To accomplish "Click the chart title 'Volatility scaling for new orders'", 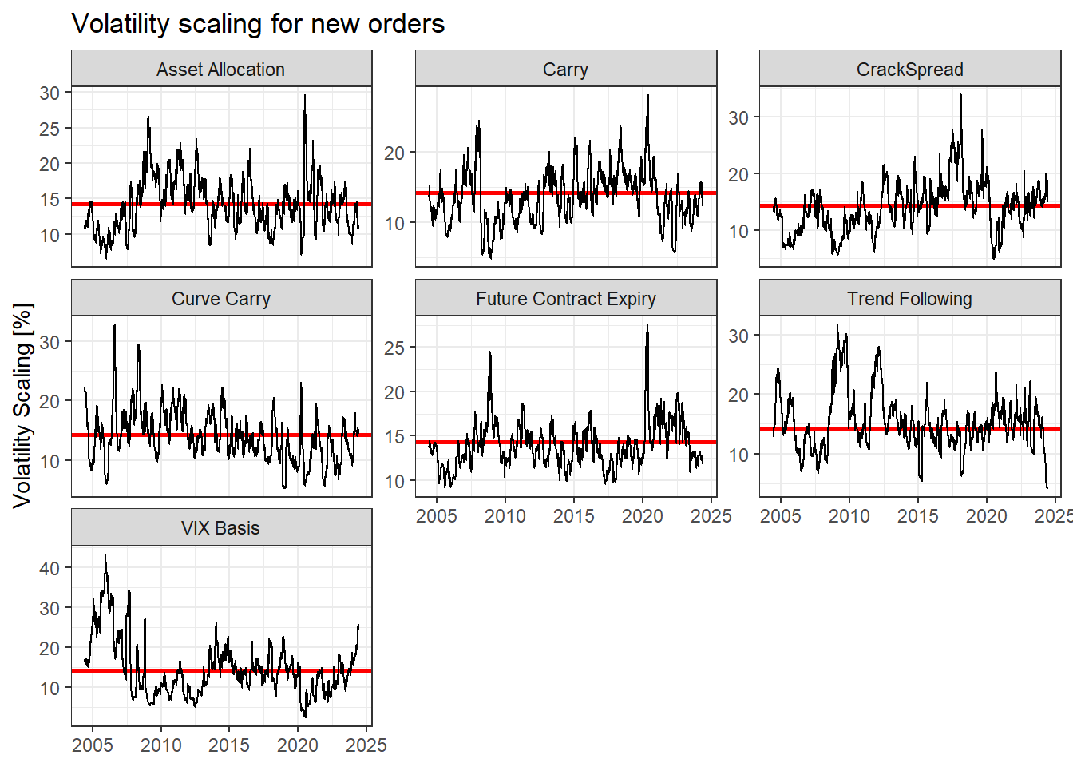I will pos(258,23).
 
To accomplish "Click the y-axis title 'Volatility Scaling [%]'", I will pos(22,405).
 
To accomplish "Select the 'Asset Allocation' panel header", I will pos(221,70).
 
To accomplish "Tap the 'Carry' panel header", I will pos(565,70).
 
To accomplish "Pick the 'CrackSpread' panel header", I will pos(909,70).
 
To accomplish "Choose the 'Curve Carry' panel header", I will pos(221,299).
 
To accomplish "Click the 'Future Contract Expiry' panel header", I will pos(565,299).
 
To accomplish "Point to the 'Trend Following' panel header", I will pos(909,299).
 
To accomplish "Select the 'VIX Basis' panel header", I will pos(221,528).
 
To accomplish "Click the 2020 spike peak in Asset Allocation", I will pos(304,96).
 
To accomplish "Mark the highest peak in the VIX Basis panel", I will pos(105,555).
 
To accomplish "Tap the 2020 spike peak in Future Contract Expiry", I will pos(647,326).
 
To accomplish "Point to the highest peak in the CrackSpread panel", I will pos(960,96).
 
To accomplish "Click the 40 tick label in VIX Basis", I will pos(49,568).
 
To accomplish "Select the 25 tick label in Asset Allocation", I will pos(49,129).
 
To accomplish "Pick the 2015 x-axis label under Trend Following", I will pos(917,516).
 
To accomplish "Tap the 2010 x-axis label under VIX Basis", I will pos(161,745).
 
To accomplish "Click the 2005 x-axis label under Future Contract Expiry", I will pos(437,516).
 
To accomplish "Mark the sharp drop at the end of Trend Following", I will pos(1047,486).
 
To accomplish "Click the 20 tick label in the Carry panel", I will pos(394,153).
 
